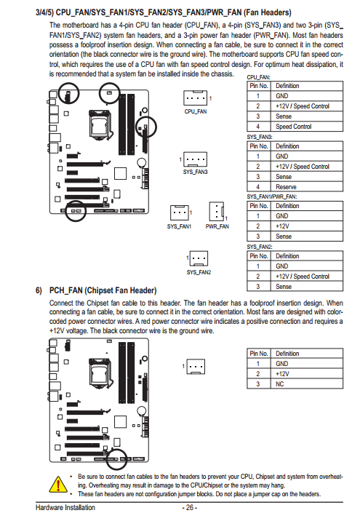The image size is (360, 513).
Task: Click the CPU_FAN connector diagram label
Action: pyautogui.click(x=196, y=111)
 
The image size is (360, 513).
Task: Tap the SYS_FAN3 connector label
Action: pyautogui.click(x=195, y=172)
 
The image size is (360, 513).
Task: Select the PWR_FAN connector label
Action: pyautogui.click(x=217, y=226)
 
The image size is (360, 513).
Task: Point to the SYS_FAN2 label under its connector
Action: pyautogui.click(x=199, y=272)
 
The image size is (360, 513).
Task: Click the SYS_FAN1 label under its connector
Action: pyautogui.click(x=179, y=226)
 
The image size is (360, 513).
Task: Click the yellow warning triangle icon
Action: pyautogui.click(x=58, y=484)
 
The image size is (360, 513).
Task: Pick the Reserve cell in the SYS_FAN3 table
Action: pyautogui.click(x=286, y=187)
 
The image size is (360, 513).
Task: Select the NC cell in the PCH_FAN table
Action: pyautogui.click(x=280, y=384)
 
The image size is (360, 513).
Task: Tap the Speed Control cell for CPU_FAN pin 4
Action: pyautogui.click(x=294, y=127)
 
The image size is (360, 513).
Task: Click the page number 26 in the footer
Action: pyautogui.click(x=190, y=507)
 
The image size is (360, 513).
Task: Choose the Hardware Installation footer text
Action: pyautogui.click(x=65, y=507)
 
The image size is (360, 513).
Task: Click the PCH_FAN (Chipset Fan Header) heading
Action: pyautogui.click(x=103, y=290)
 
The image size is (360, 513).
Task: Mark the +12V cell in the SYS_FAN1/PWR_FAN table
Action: pyautogui.click(x=282, y=226)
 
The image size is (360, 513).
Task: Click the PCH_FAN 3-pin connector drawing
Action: pyautogui.click(x=196, y=367)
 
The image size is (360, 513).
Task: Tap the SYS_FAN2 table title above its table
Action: pyautogui.click(x=260, y=247)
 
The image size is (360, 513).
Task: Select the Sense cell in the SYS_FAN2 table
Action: pyautogui.click(x=284, y=287)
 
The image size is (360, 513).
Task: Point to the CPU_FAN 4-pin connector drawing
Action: pyautogui.click(x=195, y=98)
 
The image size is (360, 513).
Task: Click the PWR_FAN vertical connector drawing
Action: pyautogui.click(x=217, y=211)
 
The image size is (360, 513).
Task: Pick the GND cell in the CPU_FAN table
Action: pyautogui.click(x=282, y=96)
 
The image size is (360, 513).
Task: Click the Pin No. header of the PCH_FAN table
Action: pyautogui.click(x=259, y=354)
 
